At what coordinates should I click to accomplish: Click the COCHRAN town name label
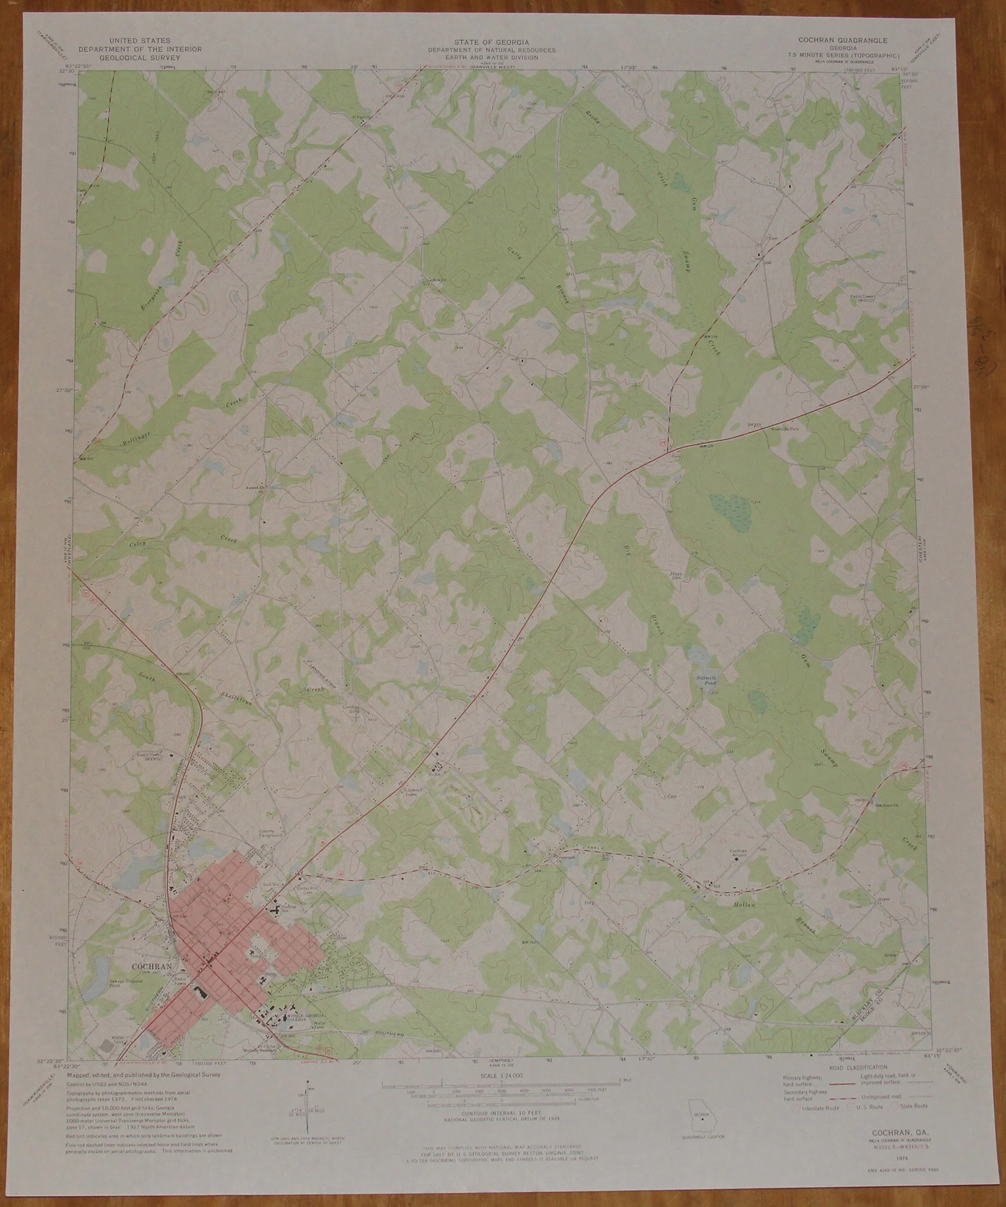tap(151, 982)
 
